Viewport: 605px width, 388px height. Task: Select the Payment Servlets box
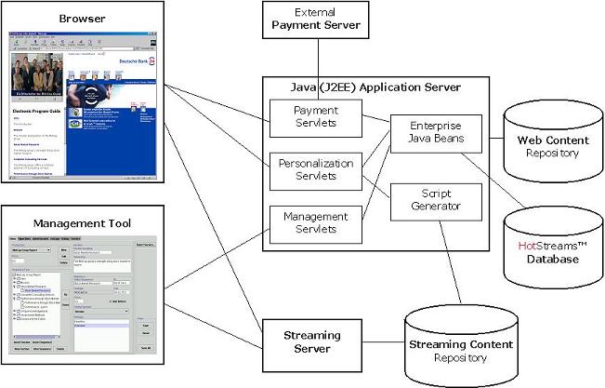coord(303,117)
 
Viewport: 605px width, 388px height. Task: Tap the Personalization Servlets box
coord(303,169)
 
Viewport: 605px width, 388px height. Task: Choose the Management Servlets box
coord(303,221)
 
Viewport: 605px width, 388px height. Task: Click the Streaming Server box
coord(310,341)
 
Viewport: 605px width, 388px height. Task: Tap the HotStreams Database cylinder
coord(548,247)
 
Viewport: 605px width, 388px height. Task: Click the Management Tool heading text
coord(83,222)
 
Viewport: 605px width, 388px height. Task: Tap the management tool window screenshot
coord(82,298)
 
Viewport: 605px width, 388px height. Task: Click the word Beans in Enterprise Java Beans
coord(456,139)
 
